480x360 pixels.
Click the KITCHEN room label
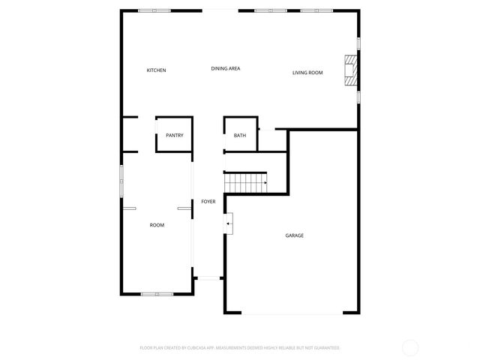(156, 70)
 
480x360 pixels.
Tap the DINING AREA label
(225, 69)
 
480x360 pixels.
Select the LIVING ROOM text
(307, 73)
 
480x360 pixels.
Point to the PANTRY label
(175, 136)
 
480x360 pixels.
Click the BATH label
(240, 136)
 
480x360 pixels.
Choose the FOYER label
(208, 202)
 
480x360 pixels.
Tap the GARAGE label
(294, 235)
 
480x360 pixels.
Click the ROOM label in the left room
(157, 225)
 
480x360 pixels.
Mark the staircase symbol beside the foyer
(246, 182)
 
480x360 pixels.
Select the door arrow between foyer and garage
(229, 223)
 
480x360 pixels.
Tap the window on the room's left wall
(121, 180)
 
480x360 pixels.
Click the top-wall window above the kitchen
(154, 10)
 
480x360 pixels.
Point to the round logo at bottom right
(410, 348)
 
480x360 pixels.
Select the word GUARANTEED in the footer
(325, 348)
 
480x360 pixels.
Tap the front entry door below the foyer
(208, 278)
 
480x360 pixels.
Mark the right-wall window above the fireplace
(359, 43)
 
